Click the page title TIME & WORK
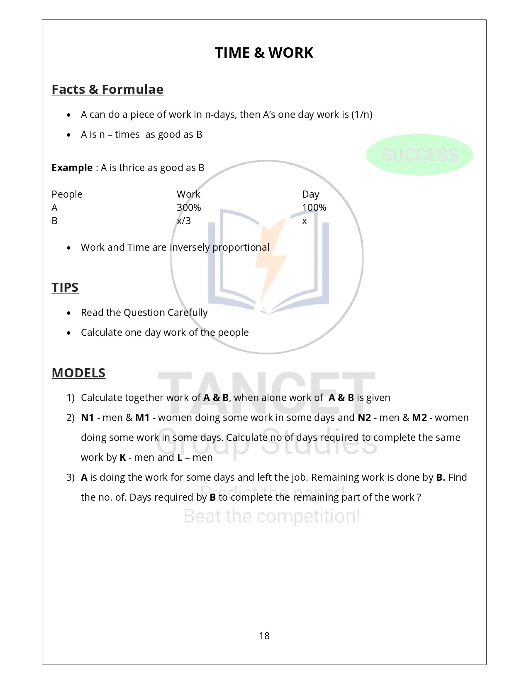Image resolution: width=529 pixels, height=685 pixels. click(x=264, y=53)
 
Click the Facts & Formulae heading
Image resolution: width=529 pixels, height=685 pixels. click(x=107, y=89)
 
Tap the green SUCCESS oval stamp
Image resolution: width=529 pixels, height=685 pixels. click(x=419, y=155)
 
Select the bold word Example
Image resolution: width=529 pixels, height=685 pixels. click(x=72, y=168)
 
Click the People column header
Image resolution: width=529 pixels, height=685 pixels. click(x=67, y=194)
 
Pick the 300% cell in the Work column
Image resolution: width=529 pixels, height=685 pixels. click(x=189, y=208)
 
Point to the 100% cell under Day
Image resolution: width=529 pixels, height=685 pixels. click(x=314, y=208)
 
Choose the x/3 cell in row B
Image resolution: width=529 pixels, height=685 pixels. click(x=184, y=221)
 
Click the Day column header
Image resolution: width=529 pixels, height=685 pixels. click(x=310, y=194)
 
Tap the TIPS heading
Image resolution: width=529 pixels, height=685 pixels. click(x=65, y=287)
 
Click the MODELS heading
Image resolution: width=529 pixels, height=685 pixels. click(x=78, y=373)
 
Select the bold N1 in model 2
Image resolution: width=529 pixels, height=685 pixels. click(x=88, y=418)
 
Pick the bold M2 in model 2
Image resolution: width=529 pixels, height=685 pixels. click(x=419, y=418)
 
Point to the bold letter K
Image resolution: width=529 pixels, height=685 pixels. click(x=123, y=457)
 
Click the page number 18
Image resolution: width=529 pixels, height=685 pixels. click(x=264, y=636)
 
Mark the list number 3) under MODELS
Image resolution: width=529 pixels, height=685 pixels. click(x=71, y=477)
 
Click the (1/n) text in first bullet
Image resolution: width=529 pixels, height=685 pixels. click(x=362, y=115)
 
